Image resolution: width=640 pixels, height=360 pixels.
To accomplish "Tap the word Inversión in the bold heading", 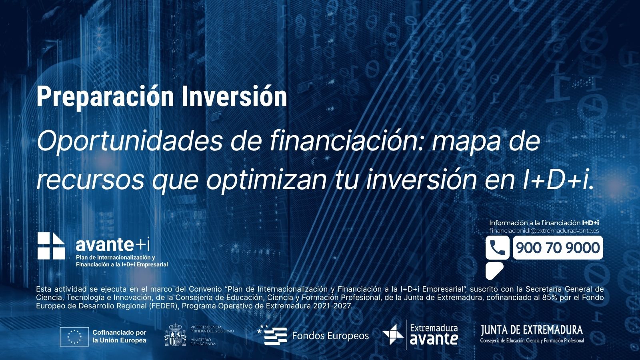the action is point(234,96).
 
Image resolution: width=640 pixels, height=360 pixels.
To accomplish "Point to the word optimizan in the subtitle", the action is point(266,180).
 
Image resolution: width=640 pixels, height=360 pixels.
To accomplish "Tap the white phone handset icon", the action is point(497,248).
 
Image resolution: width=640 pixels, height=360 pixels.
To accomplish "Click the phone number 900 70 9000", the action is point(558,248).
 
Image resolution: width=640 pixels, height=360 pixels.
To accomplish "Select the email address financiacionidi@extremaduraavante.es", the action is point(544,231).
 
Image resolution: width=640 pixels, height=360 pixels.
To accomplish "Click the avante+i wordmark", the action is point(112,244).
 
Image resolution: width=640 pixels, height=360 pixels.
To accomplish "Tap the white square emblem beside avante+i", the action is point(51,246).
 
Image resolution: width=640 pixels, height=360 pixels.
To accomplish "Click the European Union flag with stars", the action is point(74,336).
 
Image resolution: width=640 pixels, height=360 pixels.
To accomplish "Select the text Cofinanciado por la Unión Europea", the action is point(120,336).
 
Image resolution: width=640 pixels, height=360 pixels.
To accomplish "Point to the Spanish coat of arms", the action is point(175,334).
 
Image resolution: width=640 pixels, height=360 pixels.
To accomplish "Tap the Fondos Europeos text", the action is point(330,336).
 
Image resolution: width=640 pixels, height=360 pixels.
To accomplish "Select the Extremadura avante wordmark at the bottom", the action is point(434,334).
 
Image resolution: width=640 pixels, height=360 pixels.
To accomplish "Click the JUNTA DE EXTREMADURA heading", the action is point(532,330).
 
